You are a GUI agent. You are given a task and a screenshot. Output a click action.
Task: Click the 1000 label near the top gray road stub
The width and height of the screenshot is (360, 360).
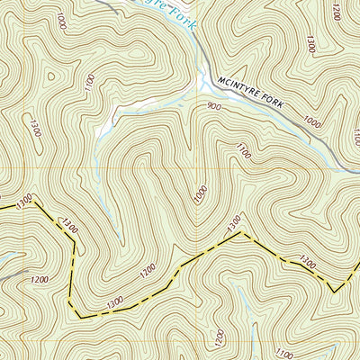(60, 19)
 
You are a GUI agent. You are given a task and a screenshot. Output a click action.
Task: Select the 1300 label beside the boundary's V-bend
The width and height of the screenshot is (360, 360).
(307, 264)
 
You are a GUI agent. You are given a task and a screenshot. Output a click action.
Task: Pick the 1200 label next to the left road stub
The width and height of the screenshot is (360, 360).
(38, 280)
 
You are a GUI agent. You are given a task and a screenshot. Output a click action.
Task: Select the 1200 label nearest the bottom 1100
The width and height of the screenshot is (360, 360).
(221, 335)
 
